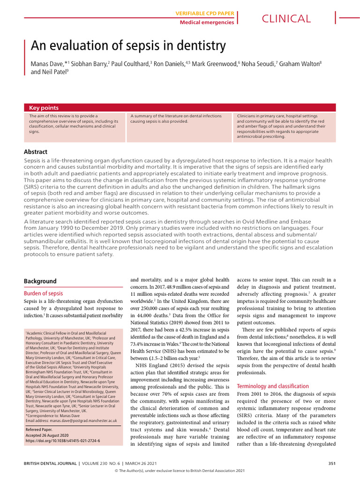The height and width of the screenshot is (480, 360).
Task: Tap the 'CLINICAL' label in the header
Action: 286,19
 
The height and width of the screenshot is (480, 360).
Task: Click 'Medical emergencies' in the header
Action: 207,22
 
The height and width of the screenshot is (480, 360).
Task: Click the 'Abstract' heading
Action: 36,151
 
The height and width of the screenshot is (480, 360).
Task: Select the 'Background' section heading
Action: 40,281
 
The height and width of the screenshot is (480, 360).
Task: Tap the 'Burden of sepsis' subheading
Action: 43,293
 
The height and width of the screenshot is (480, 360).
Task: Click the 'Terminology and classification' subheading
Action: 273,386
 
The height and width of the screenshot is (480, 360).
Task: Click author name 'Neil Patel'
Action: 57,72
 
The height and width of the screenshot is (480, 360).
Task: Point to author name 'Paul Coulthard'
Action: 130,63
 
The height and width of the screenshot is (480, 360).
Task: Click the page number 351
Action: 331,464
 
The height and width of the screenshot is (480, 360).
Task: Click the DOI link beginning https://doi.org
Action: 62,441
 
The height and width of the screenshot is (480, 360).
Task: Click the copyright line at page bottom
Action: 180,472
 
